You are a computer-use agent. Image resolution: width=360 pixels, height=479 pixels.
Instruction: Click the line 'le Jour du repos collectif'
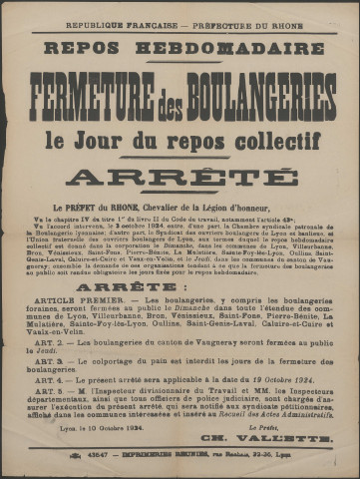click(x=180, y=137)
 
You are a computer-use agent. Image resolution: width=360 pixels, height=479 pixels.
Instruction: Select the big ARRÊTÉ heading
click(x=180, y=177)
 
